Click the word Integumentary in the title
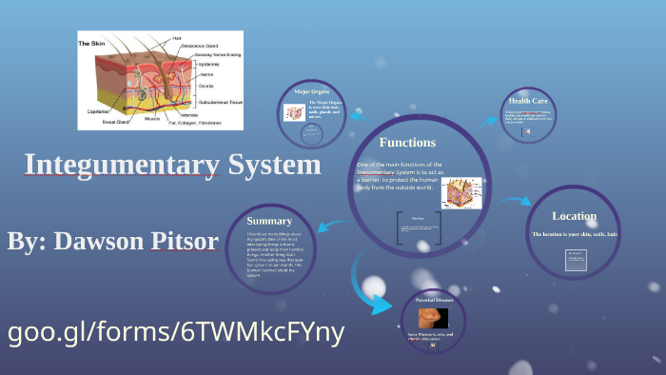pyautogui.click(x=123, y=165)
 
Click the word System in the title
pyautogui.click(x=275, y=165)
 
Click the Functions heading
pyautogui.click(x=407, y=143)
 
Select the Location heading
pyautogui.click(x=574, y=216)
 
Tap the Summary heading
pyautogui.click(x=269, y=220)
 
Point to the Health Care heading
pyautogui.click(x=527, y=100)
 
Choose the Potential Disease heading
pyautogui.click(x=434, y=300)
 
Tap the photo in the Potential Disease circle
pyautogui.click(x=434, y=317)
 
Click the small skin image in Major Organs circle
pyautogui.click(x=293, y=112)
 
